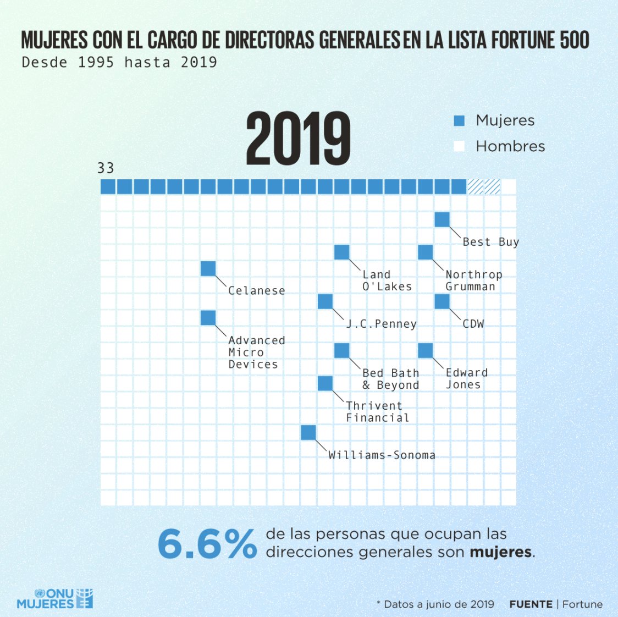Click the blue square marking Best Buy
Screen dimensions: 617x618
click(x=442, y=219)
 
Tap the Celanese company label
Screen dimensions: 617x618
click(x=256, y=291)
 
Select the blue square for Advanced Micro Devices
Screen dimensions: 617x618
click(x=208, y=318)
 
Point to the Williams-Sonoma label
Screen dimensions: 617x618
click(x=382, y=455)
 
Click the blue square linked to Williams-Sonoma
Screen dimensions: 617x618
click(x=308, y=433)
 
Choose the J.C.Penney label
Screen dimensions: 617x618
click(x=381, y=324)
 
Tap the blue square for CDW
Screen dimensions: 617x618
click(x=442, y=301)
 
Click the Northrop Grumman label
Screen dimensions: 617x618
click(x=473, y=280)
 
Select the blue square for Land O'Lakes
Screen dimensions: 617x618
click(x=342, y=252)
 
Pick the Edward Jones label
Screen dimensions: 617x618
click(x=466, y=379)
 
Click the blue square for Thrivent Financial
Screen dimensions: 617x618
click(x=325, y=383)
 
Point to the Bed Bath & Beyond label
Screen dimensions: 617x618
click(x=390, y=379)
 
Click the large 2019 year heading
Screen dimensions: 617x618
click(x=298, y=139)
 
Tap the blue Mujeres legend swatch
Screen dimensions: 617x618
click(x=459, y=121)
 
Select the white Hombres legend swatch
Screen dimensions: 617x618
click(x=459, y=146)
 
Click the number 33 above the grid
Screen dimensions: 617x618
click(x=106, y=168)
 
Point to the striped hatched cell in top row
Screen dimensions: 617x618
click(x=484, y=187)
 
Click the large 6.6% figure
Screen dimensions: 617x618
click(x=207, y=544)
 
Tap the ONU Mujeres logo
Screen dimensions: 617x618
click(x=55, y=598)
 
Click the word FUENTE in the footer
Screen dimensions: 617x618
click(x=531, y=604)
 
